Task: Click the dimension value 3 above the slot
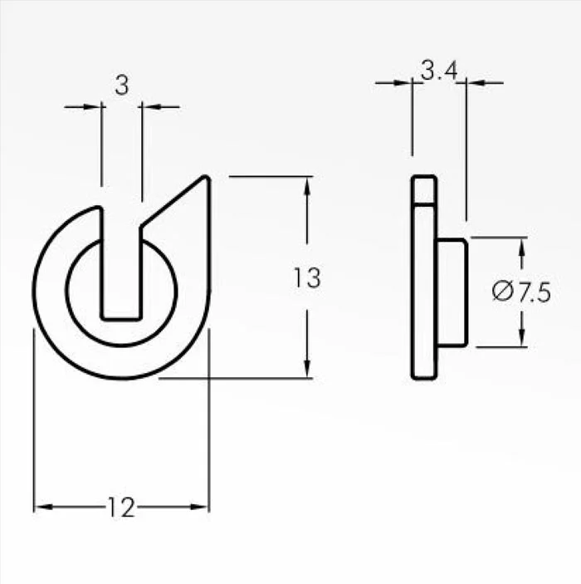122,85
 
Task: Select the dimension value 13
307,277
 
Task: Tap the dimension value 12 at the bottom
121,507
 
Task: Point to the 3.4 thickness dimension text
439,71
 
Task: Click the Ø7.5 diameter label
521,292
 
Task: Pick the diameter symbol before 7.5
501,292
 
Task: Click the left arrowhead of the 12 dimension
43,507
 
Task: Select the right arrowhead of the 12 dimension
199,507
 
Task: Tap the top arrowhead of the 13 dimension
307,185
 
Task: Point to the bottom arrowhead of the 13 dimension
307,369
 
